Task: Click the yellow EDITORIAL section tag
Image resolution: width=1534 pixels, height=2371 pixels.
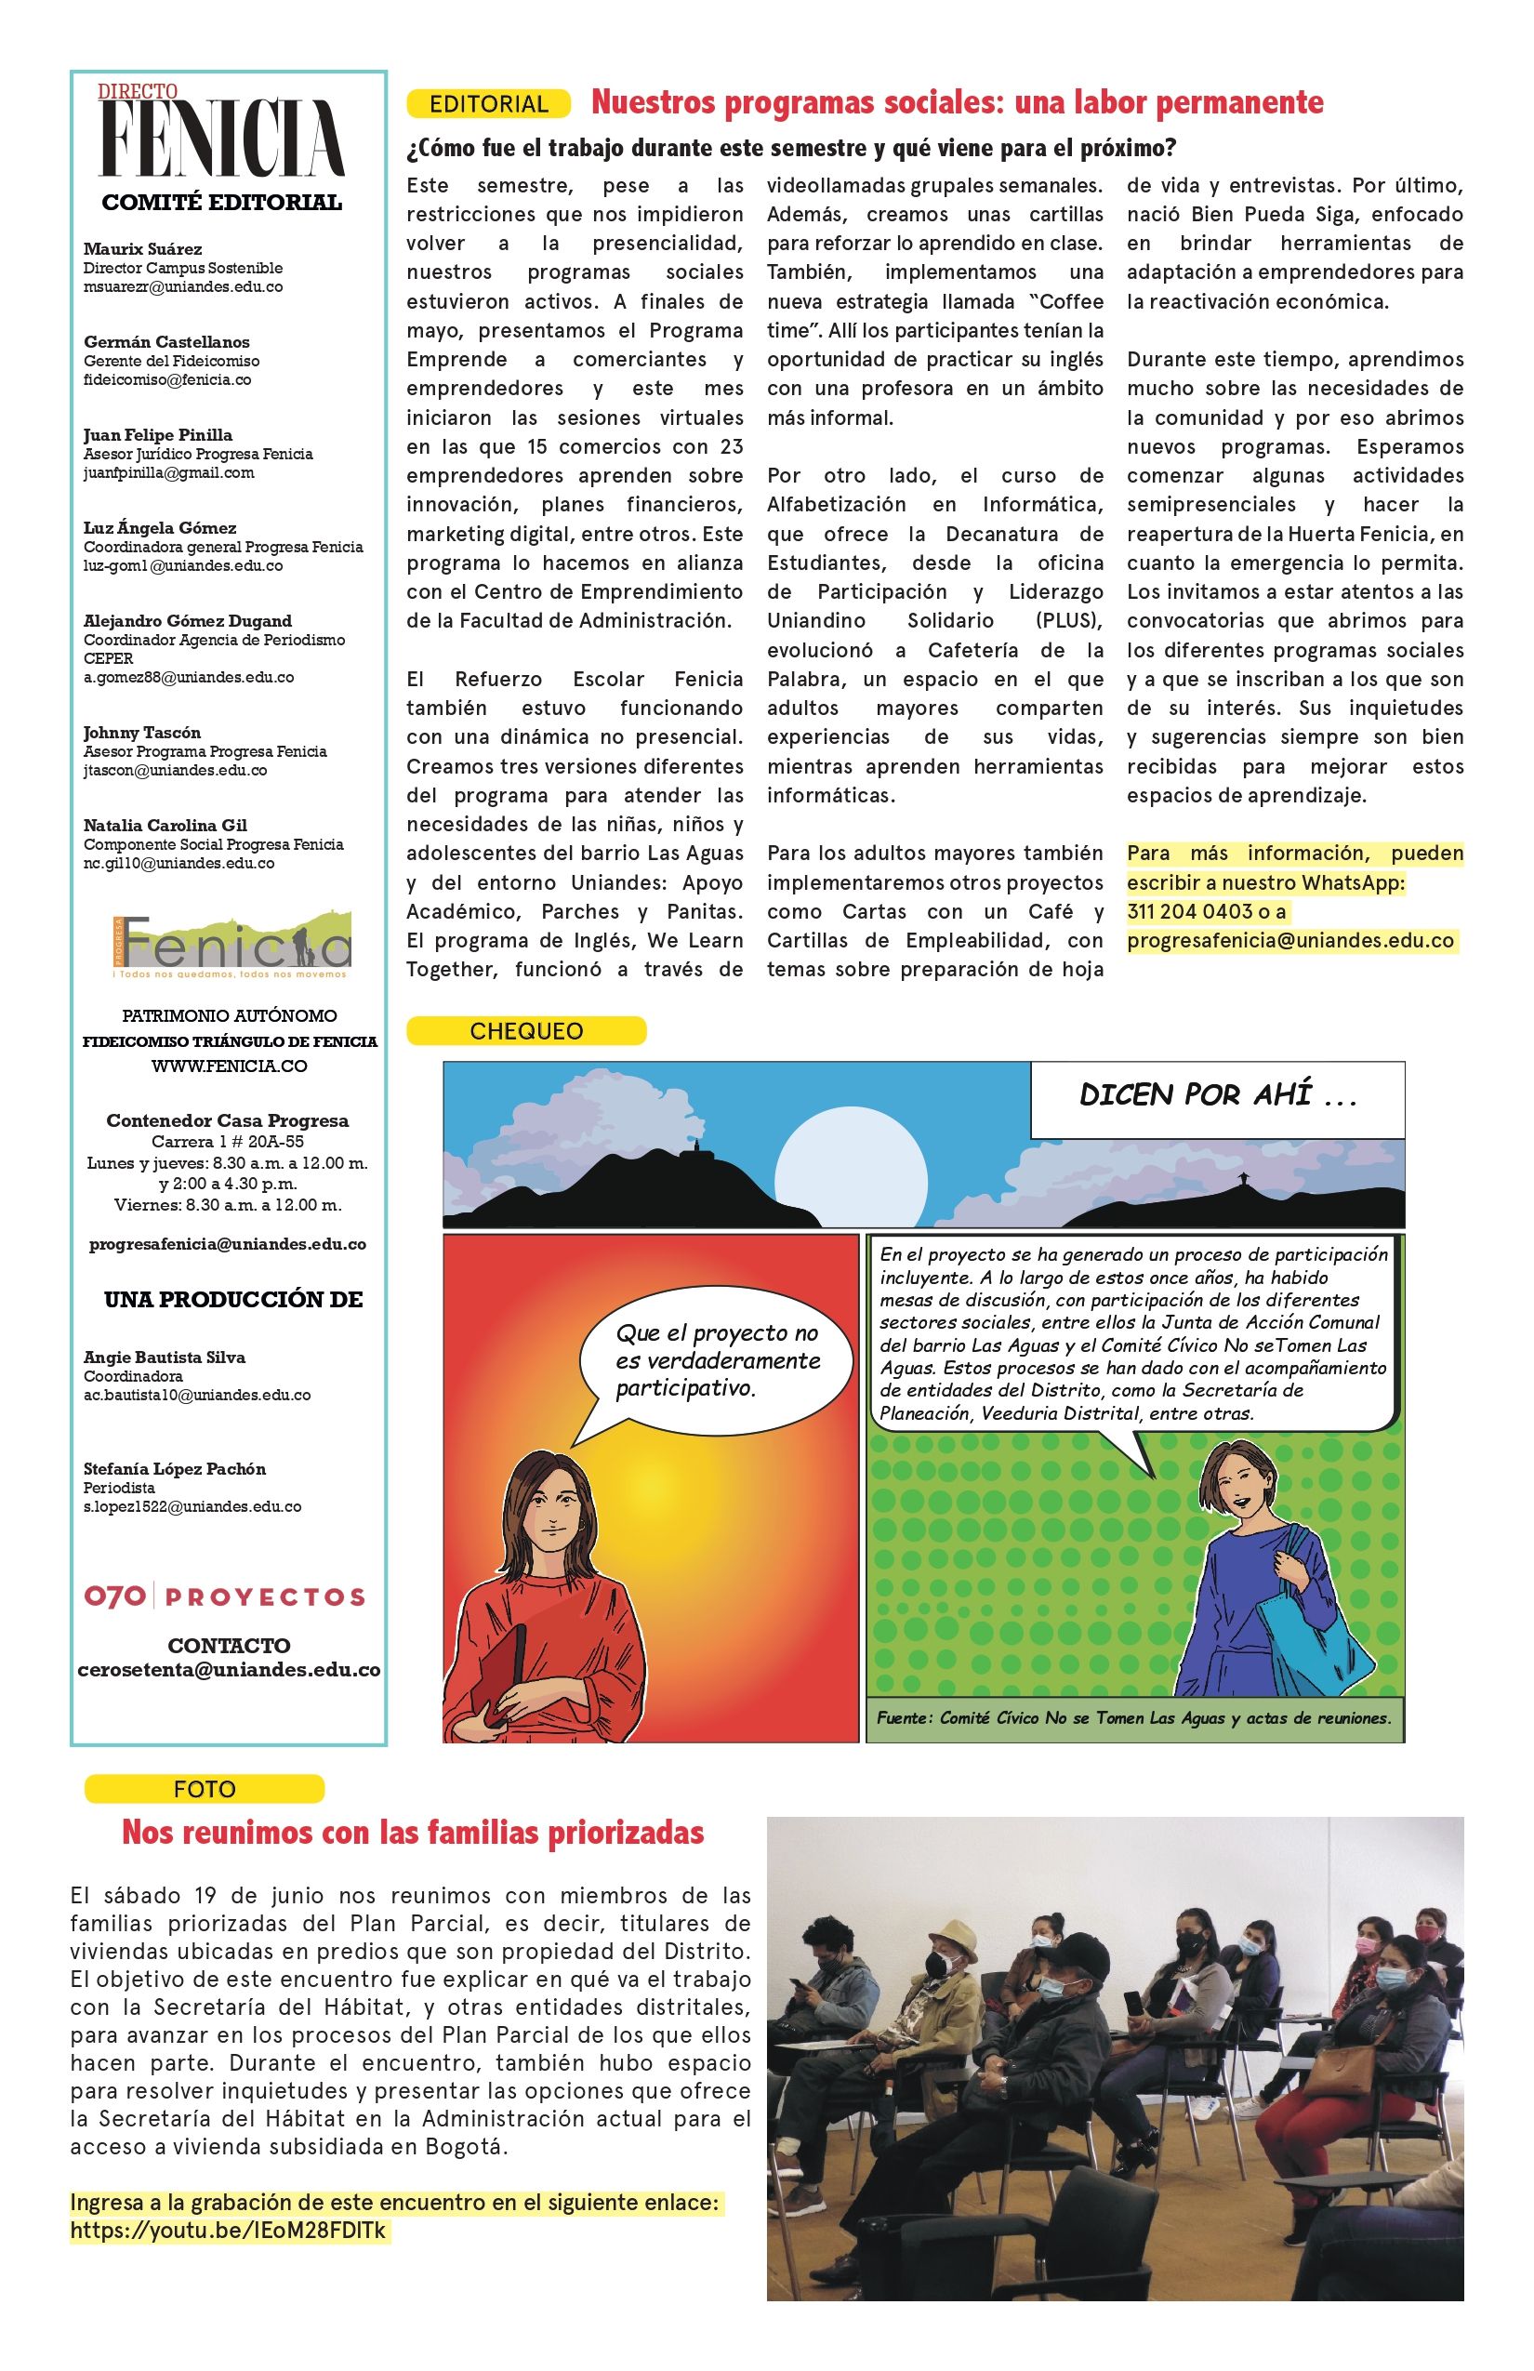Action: tap(488, 103)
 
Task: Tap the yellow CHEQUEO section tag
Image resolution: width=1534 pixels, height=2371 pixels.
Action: tap(526, 1031)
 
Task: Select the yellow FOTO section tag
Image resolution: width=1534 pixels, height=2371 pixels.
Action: tap(205, 1789)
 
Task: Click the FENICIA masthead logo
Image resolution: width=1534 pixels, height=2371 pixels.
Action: tap(222, 139)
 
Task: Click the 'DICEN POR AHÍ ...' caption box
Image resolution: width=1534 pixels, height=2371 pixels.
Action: tap(1217, 1097)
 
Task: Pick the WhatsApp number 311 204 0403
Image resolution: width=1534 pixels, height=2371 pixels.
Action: tap(1190, 911)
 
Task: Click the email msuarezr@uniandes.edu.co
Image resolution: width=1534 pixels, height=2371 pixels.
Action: tap(182, 287)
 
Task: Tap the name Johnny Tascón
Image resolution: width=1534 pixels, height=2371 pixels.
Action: tap(141, 733)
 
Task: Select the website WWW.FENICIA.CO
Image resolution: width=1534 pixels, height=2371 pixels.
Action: tap(229, 1066)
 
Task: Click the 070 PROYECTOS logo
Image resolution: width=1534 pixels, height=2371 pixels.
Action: tap(224, 1597)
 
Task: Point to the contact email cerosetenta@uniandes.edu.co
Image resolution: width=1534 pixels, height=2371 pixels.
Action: tap(229, 1671)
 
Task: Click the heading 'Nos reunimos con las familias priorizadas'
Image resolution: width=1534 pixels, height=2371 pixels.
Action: tap(413, 1832)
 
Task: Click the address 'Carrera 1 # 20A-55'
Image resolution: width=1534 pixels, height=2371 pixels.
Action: tap(227, 1142)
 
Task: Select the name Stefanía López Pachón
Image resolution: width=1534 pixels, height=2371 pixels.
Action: tap(175, 1468)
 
